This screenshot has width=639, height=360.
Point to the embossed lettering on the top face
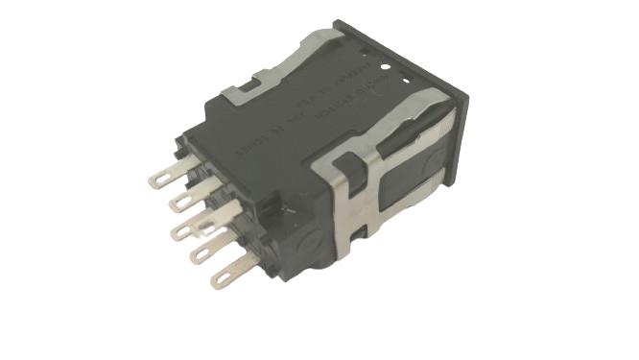point(317,115)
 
